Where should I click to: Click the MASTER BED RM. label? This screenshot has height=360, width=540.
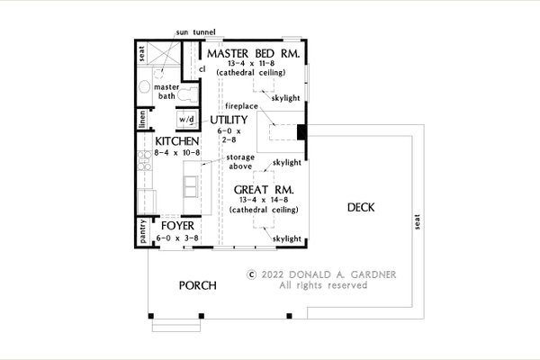tap(253, 54)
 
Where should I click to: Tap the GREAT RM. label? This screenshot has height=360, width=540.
tap(264, 190)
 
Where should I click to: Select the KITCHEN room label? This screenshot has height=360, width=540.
tap(177, 141)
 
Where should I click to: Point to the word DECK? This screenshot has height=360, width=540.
tap(361, 207)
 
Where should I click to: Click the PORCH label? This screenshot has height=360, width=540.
tap(198, 285)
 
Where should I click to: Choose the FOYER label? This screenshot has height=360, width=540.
tap(177, 226)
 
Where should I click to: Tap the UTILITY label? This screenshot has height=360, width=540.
tap(229, 120)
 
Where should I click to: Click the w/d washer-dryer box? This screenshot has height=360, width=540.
tap(187, 120)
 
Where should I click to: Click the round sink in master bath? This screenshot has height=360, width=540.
tap(144, 86)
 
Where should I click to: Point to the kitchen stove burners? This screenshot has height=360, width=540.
tap(145, 160)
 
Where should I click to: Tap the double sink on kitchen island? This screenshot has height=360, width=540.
tap(191, 186)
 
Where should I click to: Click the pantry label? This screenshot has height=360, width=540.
tap(143, 231)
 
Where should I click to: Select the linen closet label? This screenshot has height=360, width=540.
tap(142, 119)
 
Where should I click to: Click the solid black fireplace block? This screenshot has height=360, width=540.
tap(301, 132)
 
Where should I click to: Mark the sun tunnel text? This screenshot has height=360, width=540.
tap(195, 32)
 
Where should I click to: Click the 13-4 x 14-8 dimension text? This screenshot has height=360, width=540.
tap(264, 200)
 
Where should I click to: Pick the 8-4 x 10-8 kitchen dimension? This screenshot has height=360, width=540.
tap(177, 153)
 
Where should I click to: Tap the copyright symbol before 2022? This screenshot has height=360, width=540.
tap(252, 274)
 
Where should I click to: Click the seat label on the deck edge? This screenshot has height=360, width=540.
tap(418, 222)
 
